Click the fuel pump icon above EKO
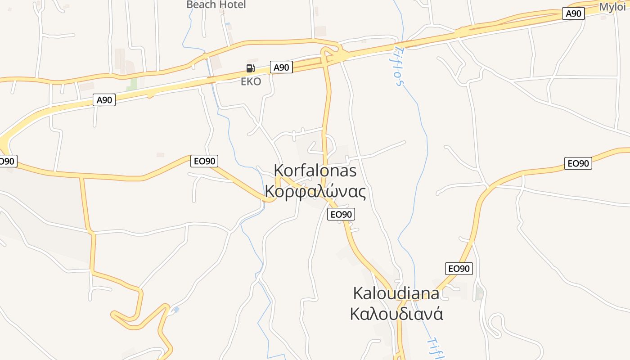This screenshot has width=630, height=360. pyautogui.click(x=251, y=68)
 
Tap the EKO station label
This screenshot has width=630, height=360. pyautogui.click(x=251, y=81)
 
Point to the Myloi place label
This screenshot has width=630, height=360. pyautogui.click(x=612, y=7)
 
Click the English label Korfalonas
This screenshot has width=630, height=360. pyautogui.click(x=315, y=171)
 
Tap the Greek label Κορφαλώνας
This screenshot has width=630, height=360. pyautogui.click(x=315, y=191)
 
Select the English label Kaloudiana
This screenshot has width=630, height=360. pyautogui.click(x=396, y=293)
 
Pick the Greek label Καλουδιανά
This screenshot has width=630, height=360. pyautogui.click(x=396, y=313)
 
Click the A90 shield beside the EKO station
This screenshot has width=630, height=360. pyautogui.click(x=281, y=67)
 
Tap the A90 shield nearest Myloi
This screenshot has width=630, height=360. pyautogui.click(x=573, y=13)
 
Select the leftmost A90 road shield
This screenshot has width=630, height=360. pyautogui.click(x=104, y=100)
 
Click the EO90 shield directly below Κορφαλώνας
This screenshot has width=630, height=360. pyautogui.click(x=341, y=215)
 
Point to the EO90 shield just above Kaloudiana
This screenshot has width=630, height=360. pyautogui.click(x=459, y=269)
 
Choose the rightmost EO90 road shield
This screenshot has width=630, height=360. pyautogui.click(x=578, y=163)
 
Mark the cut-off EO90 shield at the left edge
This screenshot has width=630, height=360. pyautogui.click(x=6, y=161)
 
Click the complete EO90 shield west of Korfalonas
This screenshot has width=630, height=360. pyautogui.click(x=204, y=161)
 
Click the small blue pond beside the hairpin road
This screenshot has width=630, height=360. pyautogui.click(x=175, y=310)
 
